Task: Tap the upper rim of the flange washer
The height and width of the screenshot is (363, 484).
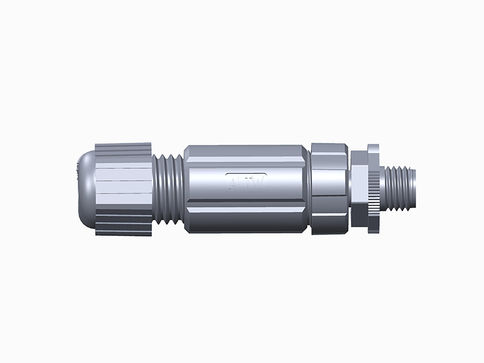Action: point(373,148)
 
